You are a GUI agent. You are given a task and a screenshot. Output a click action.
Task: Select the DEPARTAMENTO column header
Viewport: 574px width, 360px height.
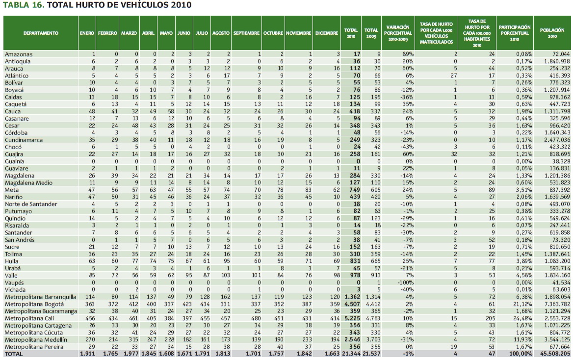(x=41, y=33)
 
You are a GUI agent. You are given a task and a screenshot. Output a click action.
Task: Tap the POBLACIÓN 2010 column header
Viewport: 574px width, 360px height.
(x=552, y=33)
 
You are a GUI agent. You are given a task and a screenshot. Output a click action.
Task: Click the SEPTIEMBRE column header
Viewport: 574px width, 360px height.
(x=247, y=33)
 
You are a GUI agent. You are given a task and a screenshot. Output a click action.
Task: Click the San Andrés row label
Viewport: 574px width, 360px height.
(x=20, y=239)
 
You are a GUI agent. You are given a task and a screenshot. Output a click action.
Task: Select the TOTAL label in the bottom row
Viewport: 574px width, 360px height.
(x=14, y=353)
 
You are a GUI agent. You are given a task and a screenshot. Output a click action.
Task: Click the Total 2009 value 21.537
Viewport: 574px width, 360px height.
(x=371, y=353)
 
